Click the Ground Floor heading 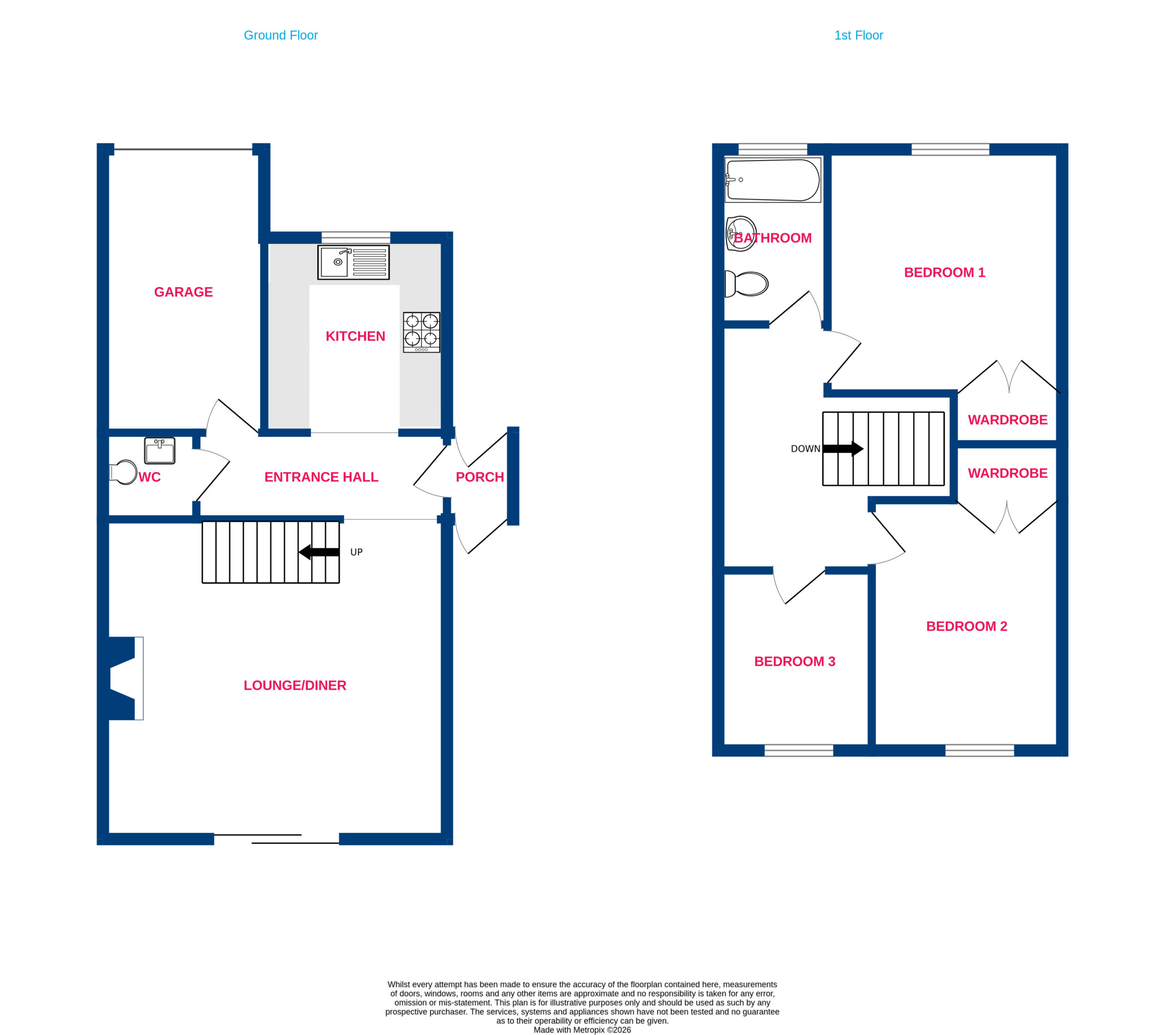280,36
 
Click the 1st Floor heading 858,36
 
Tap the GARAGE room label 183,292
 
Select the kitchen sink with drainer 354,262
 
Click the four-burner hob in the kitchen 421,332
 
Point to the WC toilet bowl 123,472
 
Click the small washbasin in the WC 160,450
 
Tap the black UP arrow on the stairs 319,551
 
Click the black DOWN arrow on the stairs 843,449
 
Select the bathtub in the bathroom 773,180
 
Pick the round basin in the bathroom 741,234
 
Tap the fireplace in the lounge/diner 126,678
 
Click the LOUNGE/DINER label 295,685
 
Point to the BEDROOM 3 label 795,662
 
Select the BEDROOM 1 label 944,273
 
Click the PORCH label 480,477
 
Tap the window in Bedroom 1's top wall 950,149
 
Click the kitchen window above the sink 356,237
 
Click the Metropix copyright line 582,1030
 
